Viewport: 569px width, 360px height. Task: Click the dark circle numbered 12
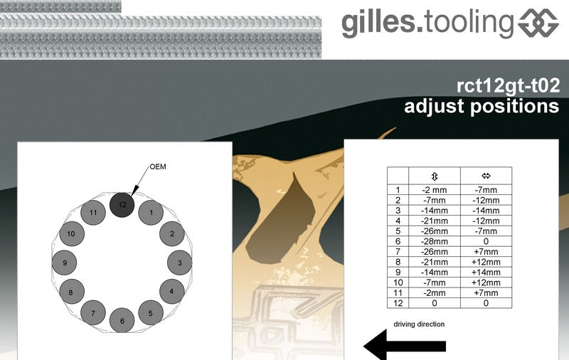pyautogui.click(x=122, y=205)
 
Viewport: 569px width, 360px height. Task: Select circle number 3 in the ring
pyautogui.click(x=180, y=263)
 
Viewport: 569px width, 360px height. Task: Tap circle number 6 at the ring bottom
pyautogui.click(x=122, y=320)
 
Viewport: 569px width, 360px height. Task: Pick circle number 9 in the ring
pyautogui.click(x=65, y=263)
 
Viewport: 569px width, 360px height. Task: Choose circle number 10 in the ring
pyautogui.click(x=72, y=233)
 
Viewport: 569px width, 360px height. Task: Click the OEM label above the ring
pyautogui.click(x=158, y=166)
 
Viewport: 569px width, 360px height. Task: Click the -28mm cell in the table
pyautogui.click(x=435, y=241)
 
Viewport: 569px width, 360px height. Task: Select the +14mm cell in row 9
pyautogui.click(x=486, y=272)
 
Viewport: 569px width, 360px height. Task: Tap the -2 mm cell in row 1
pyautogui.click(x=435, y=190)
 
